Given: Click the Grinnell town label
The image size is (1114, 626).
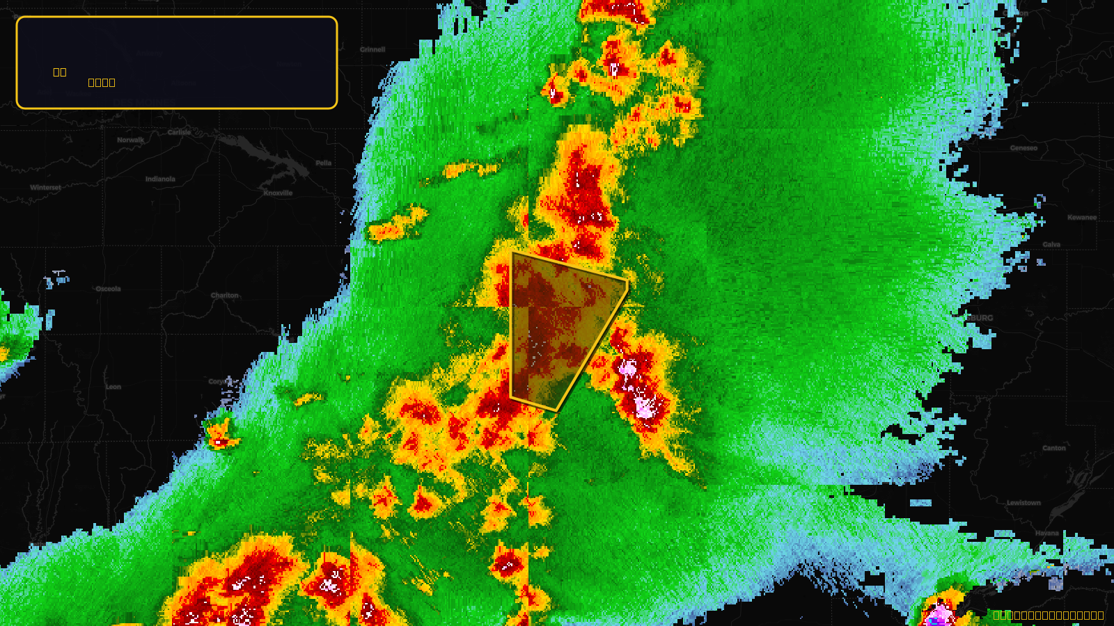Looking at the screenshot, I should [x=372, y=49].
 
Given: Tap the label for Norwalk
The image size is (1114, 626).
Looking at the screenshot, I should [x=130, y=140].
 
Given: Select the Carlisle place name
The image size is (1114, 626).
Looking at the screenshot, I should [x=179, y=132].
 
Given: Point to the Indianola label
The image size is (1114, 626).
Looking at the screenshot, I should [x=160, y=179].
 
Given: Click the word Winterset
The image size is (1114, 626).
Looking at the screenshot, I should [x=45, y=187].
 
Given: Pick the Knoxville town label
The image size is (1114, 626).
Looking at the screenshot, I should [x=278, y=193].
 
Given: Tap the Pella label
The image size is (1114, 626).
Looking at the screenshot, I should [x=324, y=163].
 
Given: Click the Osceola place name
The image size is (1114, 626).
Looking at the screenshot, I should [x=108, y=289].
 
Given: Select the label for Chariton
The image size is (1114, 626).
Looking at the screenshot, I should [x=224, y=295].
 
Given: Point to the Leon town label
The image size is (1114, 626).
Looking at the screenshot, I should [x=113, y=387].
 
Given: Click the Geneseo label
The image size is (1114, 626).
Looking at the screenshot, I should [x=1023, y=147].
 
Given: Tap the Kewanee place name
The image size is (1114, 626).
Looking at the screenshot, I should [x=1082, y=217].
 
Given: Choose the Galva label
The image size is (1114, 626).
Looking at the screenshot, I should [x=1051, y=244].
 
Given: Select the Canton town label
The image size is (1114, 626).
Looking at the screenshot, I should [x=1054, y=448].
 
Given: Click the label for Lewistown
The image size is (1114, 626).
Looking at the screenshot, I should [x=1023, y=503].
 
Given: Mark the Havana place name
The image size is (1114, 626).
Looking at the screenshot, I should [x=1046, y=533].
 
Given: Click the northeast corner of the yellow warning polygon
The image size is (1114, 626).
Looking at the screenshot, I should [x=627, y=282].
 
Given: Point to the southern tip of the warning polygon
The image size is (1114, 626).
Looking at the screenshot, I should [x=556, y=410].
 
